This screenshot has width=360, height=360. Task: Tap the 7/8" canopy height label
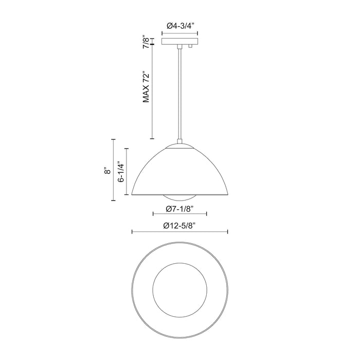point(146,42)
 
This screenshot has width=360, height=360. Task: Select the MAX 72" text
point(146,88)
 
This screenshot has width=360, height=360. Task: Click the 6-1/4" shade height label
point(121,172)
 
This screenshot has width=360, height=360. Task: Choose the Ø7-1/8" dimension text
point(180,208)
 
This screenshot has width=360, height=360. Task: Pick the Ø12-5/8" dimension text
point(180,225)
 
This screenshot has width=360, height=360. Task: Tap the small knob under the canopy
point(191,47)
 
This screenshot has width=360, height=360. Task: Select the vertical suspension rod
point(180,93)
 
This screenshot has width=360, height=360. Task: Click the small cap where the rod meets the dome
point(180,142)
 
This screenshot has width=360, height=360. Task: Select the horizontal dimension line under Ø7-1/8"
point(180,215)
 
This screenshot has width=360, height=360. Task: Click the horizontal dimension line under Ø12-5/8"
point(180,232)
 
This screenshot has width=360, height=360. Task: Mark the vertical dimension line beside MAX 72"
point(152,93)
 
